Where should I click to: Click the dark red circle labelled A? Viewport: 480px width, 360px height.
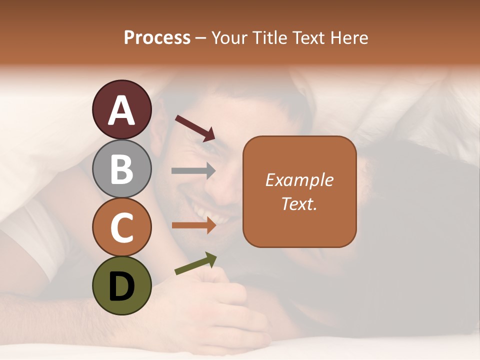pyautogui.click(x=121, y=109)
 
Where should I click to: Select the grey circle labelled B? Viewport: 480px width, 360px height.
pyautogui.click(x=121, y=168)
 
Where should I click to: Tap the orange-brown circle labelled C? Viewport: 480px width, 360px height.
pyautogui.click(x=121, y=227)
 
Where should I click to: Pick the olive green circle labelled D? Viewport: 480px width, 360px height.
pyautogui.click(x=121, y=285)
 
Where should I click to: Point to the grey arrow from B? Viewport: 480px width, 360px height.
pyautogui.click(x=193, y=171)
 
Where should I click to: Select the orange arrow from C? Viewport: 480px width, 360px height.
pyautogui.click(x=193, y=225)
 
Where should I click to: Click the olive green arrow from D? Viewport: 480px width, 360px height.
pyautogui.click(x=195, y=263)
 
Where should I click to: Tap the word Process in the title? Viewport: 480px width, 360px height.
pyautogui.click(x=157, y=38)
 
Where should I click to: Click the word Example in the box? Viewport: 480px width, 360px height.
pyautogui.click(x=299, y=180)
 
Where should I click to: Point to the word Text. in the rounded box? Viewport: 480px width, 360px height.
pyautogui.click(x=299, y=203)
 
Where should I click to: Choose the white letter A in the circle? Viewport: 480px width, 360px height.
pyautogui.click(x=121, y=110)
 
